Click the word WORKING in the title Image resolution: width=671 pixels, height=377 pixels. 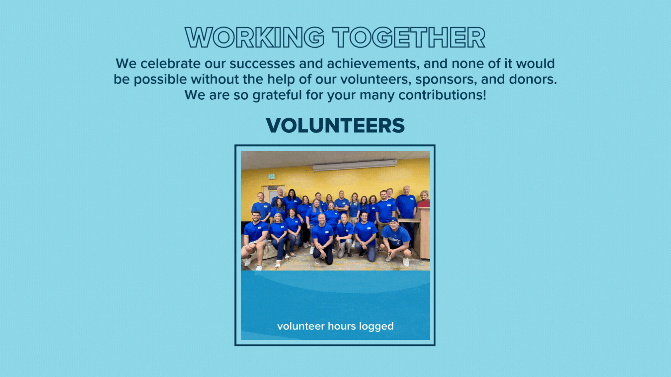[x=254, y=38]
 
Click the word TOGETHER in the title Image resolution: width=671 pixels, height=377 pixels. [x=409, y=38]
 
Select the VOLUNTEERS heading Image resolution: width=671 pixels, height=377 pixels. [x=335, y=126]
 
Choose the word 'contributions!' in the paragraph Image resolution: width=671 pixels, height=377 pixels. [x=442, y=95]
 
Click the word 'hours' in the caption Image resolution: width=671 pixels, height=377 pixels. [x=342, y=326]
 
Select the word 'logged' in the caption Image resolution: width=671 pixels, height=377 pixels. [x=376, y=326]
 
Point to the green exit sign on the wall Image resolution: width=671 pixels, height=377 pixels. [x=272, y=176]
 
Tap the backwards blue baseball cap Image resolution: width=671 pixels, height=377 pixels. [x=394, y=220]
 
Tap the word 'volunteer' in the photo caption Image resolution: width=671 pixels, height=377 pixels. [x=301, y=326]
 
